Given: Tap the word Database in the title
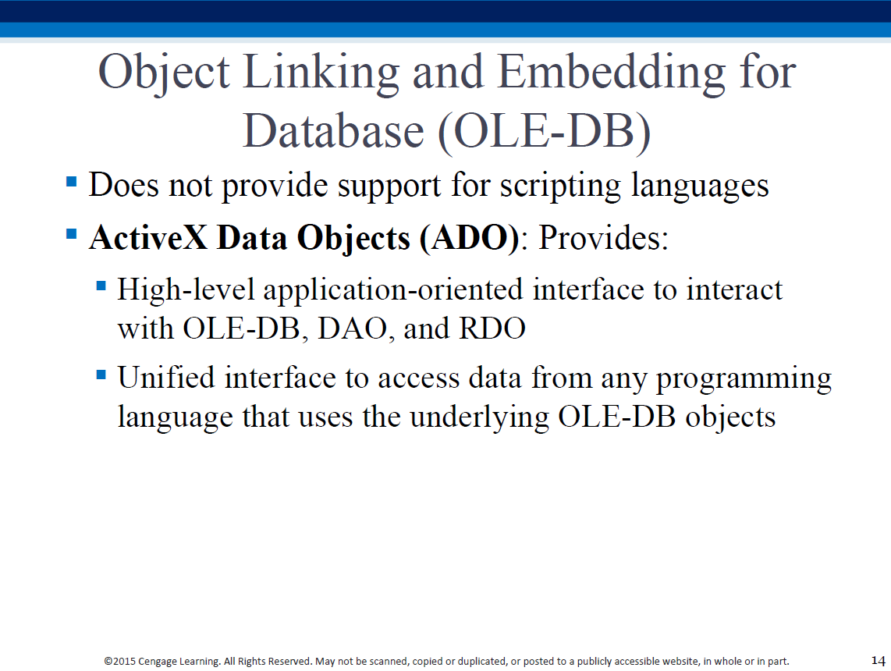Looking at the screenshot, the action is [334, 131].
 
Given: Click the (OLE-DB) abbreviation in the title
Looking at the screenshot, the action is [545, 133].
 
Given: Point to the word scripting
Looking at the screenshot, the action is [560, 186].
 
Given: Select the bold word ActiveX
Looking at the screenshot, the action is [148, 237].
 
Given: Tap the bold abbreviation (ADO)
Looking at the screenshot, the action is [470, 238].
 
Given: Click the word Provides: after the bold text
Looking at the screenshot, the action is [603, 238].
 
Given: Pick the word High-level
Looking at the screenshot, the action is [185, 290].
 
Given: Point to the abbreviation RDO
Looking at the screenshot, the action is [492, 328].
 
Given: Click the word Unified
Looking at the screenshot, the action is [166, 378].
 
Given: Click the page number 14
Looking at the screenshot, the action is [878, 661].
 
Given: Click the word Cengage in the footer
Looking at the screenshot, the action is [158, 662].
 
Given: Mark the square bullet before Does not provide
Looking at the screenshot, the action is [72, 182].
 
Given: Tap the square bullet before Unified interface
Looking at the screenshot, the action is [101, 375].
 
